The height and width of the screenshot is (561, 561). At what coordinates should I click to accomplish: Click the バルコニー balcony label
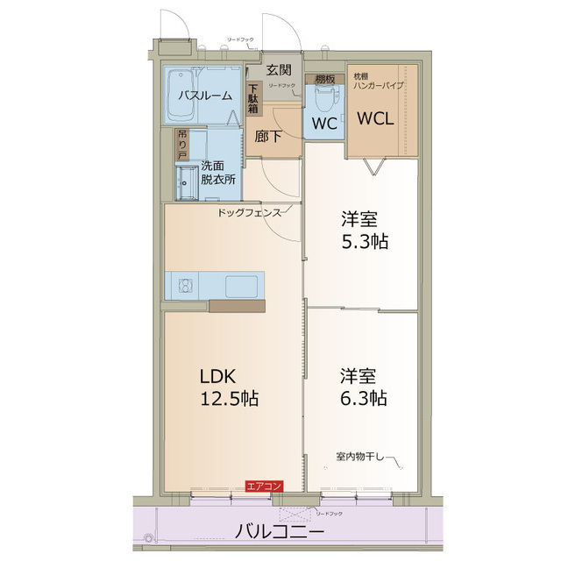(x=280, y=531)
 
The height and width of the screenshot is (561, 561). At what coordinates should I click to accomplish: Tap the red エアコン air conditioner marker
(x=264, y=486)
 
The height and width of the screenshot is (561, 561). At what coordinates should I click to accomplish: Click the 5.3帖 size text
(x=364, y=240)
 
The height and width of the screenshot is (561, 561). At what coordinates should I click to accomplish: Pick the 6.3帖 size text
(x=364, y=398)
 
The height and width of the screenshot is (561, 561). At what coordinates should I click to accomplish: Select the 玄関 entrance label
(x=280, y=70)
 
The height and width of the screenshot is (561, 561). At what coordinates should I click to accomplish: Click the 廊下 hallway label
(x=269, y=137)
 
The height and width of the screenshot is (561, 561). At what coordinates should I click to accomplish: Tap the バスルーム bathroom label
(x=206, y=95)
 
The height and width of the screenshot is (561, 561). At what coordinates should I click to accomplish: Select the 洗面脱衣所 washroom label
(x=218, y=172)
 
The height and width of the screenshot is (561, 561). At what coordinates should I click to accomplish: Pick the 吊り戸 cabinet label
(x=181, y=144)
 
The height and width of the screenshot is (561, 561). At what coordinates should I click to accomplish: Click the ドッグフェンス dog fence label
(x=250, y=212)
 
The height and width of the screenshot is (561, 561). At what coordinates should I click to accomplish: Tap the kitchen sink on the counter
(x=241, y=285)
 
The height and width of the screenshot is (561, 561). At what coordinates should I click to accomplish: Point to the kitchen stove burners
(x=185, y=285)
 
